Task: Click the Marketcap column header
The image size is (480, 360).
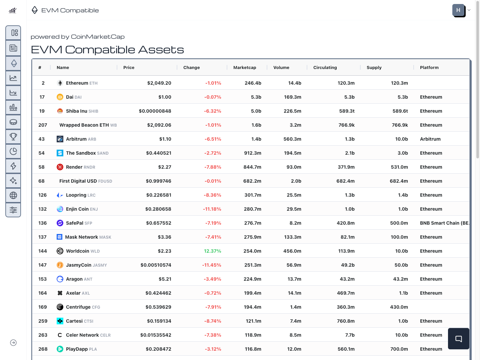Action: (245, 67)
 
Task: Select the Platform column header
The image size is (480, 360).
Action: (429, 67)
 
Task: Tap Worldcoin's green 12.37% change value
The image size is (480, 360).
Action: (212, 251)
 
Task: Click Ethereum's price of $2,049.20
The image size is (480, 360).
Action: (159, 83)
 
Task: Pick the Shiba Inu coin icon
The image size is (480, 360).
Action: (60, 111)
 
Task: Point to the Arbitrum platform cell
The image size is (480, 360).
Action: (430, 139)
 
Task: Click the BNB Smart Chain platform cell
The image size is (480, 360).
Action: (444, 223)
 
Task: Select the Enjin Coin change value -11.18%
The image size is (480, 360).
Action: (212, 209)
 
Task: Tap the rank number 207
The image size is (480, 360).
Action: (43, 125)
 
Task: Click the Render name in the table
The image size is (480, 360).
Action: (74, 167)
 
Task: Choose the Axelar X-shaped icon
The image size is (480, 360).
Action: (60, 293)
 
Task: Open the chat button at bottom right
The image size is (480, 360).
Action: (458, 339)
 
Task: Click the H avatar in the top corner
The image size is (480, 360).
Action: (458, 10)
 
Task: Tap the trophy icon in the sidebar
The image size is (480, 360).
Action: (13, 136)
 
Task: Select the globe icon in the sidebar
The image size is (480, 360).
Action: (13, 195)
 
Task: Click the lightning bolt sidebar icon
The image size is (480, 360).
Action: (13, 166)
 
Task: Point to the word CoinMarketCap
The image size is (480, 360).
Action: (98, 37)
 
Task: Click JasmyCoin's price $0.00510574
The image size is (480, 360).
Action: (156, 265)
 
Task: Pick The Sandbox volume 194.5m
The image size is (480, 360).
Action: (292, 153)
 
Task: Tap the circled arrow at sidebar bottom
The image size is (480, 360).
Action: (13, 343)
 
